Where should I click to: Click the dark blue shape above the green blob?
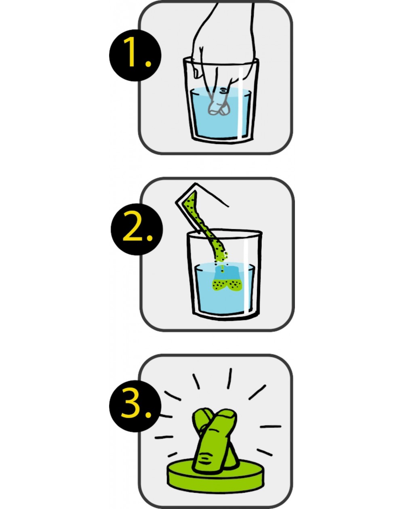coord(227,273)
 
